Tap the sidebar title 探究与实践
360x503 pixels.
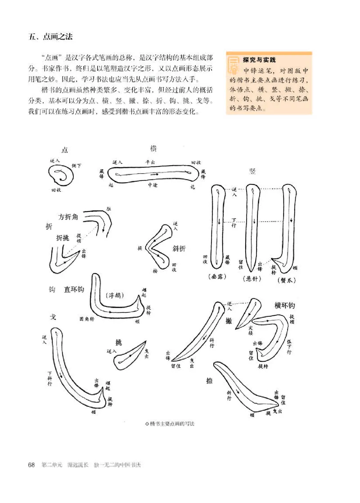[x=259, y=59]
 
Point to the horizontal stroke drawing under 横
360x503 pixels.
[x=153, y=174]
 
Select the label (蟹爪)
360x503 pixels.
[x=286, y=279]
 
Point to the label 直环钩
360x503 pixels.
[x=74, y=289]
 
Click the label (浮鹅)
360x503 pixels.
[x=115, y=296]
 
